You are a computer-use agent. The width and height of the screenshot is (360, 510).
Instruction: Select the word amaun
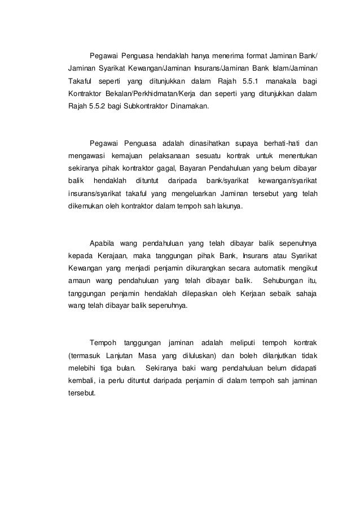74,281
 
